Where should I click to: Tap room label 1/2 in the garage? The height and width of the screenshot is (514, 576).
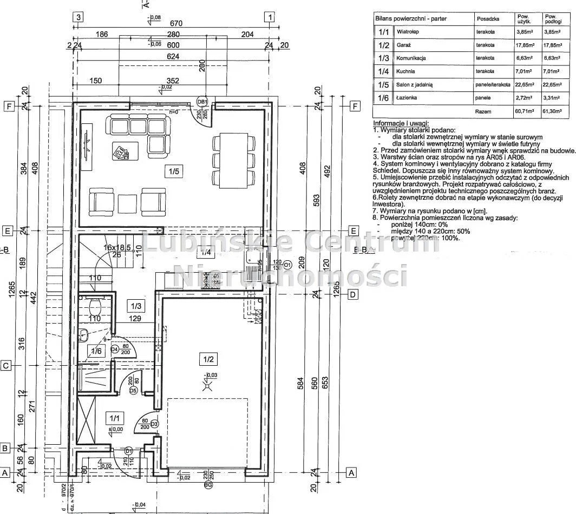click(x=210, y=359)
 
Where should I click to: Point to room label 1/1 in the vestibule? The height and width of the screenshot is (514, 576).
click(x=114, y=418)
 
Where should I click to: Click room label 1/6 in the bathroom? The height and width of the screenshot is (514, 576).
click(x=96, y=351)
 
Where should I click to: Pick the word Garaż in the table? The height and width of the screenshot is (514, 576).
click(x=404, y=45)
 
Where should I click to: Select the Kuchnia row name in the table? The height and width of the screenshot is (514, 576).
click(x=405, y=71)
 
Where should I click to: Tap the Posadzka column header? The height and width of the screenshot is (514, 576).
click(x=488, y=18)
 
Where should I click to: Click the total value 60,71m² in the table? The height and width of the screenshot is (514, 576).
click(x=525, y=111)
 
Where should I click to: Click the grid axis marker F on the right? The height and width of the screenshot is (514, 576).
click(x=355, y=106)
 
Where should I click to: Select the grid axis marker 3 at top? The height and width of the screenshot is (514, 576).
click(x=78, y=17)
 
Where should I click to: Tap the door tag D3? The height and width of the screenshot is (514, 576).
click(x=154, y=424)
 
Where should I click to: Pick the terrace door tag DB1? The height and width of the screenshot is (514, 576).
click(x=202, y=102)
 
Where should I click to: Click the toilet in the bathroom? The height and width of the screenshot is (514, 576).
click(x=95, y=307)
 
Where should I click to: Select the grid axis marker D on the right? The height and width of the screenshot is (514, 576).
click(x=352, y=295)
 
